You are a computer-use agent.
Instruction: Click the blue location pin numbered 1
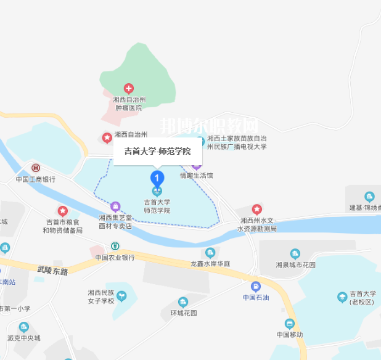157,178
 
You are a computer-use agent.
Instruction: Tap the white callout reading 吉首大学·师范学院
157,151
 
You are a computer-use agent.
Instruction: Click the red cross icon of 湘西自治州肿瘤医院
128,89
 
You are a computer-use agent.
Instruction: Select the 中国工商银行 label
36,179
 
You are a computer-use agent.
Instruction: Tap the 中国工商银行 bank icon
36,168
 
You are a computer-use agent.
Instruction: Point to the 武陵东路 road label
52,270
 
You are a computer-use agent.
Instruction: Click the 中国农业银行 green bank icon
115,247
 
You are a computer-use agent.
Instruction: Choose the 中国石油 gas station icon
255,287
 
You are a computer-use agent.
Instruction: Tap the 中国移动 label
289,335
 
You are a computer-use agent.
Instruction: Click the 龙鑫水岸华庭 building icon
210,253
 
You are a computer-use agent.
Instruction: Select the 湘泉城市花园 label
295,264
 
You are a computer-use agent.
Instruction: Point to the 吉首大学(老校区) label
362,298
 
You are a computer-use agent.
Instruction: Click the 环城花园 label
183,313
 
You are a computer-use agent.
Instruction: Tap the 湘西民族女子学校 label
101,297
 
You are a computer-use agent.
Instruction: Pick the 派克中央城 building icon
23,327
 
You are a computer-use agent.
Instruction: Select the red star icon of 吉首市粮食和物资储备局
62,211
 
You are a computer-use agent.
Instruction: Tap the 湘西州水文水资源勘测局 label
257,224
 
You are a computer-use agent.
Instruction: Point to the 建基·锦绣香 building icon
369,197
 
